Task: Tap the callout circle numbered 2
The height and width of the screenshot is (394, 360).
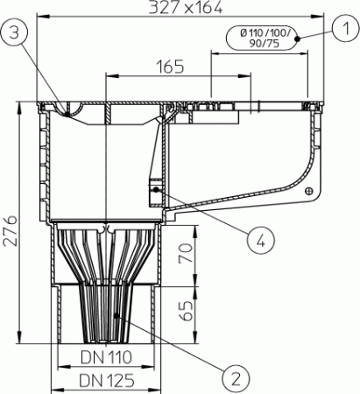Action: (234, 377)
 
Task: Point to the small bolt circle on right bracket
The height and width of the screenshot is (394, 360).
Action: (307, 191)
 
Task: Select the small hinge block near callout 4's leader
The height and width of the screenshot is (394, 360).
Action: (156, 187)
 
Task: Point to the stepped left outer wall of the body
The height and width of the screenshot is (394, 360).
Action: (44, 166)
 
